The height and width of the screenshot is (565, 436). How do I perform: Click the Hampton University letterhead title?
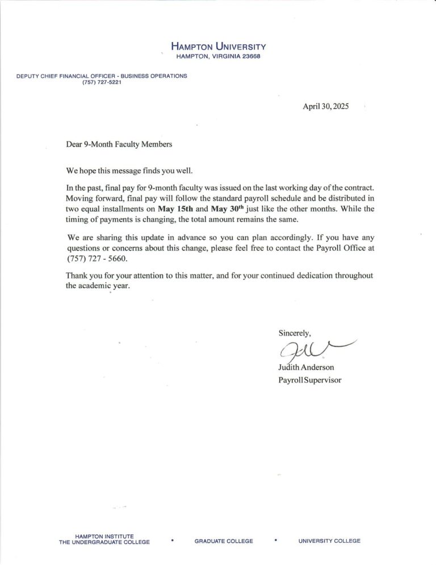point(218,47)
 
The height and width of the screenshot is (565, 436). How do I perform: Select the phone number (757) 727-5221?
point(102,82)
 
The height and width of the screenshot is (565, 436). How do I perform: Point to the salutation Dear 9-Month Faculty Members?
point(119,144)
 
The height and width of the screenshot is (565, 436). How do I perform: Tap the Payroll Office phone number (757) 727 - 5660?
point(97,259)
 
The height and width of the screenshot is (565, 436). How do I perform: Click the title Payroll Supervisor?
point(310,380)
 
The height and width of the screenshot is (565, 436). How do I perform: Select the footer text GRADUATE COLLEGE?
point(224,541)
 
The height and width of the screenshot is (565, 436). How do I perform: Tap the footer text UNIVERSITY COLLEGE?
point(329,541)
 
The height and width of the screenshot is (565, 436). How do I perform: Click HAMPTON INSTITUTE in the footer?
point(104,536)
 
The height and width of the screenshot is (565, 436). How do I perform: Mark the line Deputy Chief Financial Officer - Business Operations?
point(102,76)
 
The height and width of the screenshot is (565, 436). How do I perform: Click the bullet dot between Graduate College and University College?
point(275,541)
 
